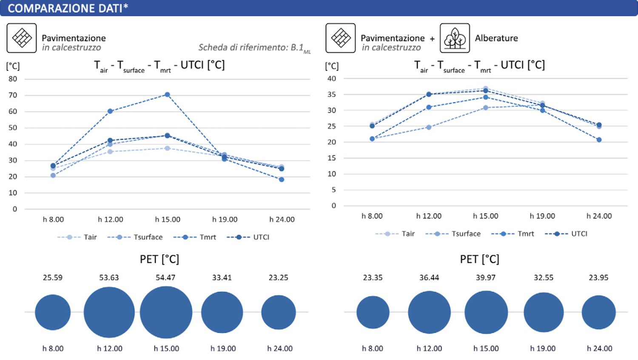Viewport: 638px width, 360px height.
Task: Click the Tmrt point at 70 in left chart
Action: pyautogui.click(x=167, y=95)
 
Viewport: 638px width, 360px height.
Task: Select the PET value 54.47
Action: pyautogui.click(x=165, y=277)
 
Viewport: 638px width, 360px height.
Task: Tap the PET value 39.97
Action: pyautogui.click(x=486, y=277)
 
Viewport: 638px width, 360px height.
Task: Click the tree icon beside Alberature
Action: pyautogui.click(x=455, y=38)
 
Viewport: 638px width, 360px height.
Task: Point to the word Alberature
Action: pyautogui.click(x=496, y=38)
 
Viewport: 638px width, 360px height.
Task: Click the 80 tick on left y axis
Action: pyautogui.click(x=13, y=79)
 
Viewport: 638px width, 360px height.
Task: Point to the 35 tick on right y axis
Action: pyautogui.click(x=332, y=94)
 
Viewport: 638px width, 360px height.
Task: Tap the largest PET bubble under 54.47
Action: pyautogui.click(x=166, y=312)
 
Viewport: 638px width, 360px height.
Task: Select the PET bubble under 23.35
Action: pyautogui.click(x=373, y=312)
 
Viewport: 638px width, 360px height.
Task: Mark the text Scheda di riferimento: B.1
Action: pyautogui.click(x=251, y=47)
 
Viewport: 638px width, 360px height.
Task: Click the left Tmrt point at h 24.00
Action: pyautogui.click(x=282, y=180)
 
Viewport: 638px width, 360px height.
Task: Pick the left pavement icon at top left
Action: pyautogui.click(x=22, y=38)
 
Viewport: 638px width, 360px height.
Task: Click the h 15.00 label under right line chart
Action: pyautogui.click(x=486, y=216)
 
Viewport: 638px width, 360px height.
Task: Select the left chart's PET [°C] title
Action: pyautogui.click(x=159, y=259)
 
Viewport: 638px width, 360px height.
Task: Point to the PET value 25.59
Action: pyautogui.click(x=53, y=277)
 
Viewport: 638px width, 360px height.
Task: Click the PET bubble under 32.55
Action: pyautogui.click(x=544, y=312)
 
